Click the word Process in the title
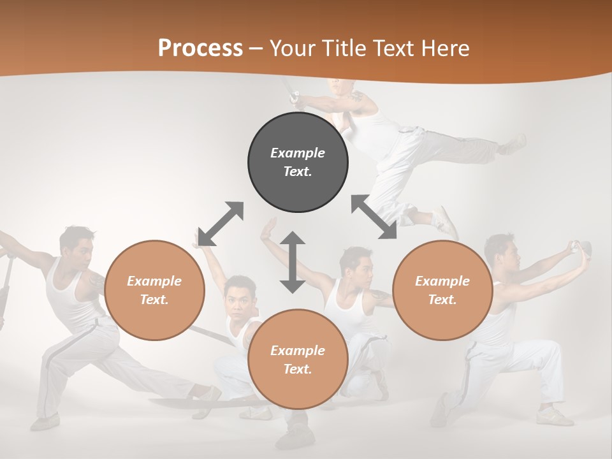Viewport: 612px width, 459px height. coord(200,48)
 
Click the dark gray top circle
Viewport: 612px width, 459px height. coord(298,162)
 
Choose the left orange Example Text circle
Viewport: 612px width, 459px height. coord(154,290)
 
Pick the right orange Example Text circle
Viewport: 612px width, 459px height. coord(442,290)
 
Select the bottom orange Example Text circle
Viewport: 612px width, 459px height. coord(298,360)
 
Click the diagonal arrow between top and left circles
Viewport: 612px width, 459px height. coord(221,224)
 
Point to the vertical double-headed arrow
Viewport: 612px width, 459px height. coord(293,262)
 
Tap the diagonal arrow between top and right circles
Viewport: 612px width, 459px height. coord(374,217)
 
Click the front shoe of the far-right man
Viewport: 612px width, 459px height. coord(555,417)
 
